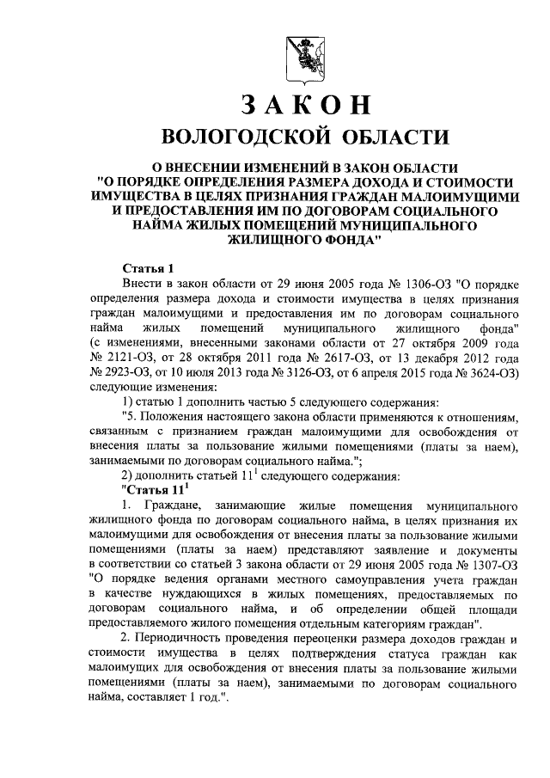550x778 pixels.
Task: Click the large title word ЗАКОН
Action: (x=306, y=103)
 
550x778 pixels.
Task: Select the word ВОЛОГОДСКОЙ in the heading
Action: (x=243, y=138)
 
